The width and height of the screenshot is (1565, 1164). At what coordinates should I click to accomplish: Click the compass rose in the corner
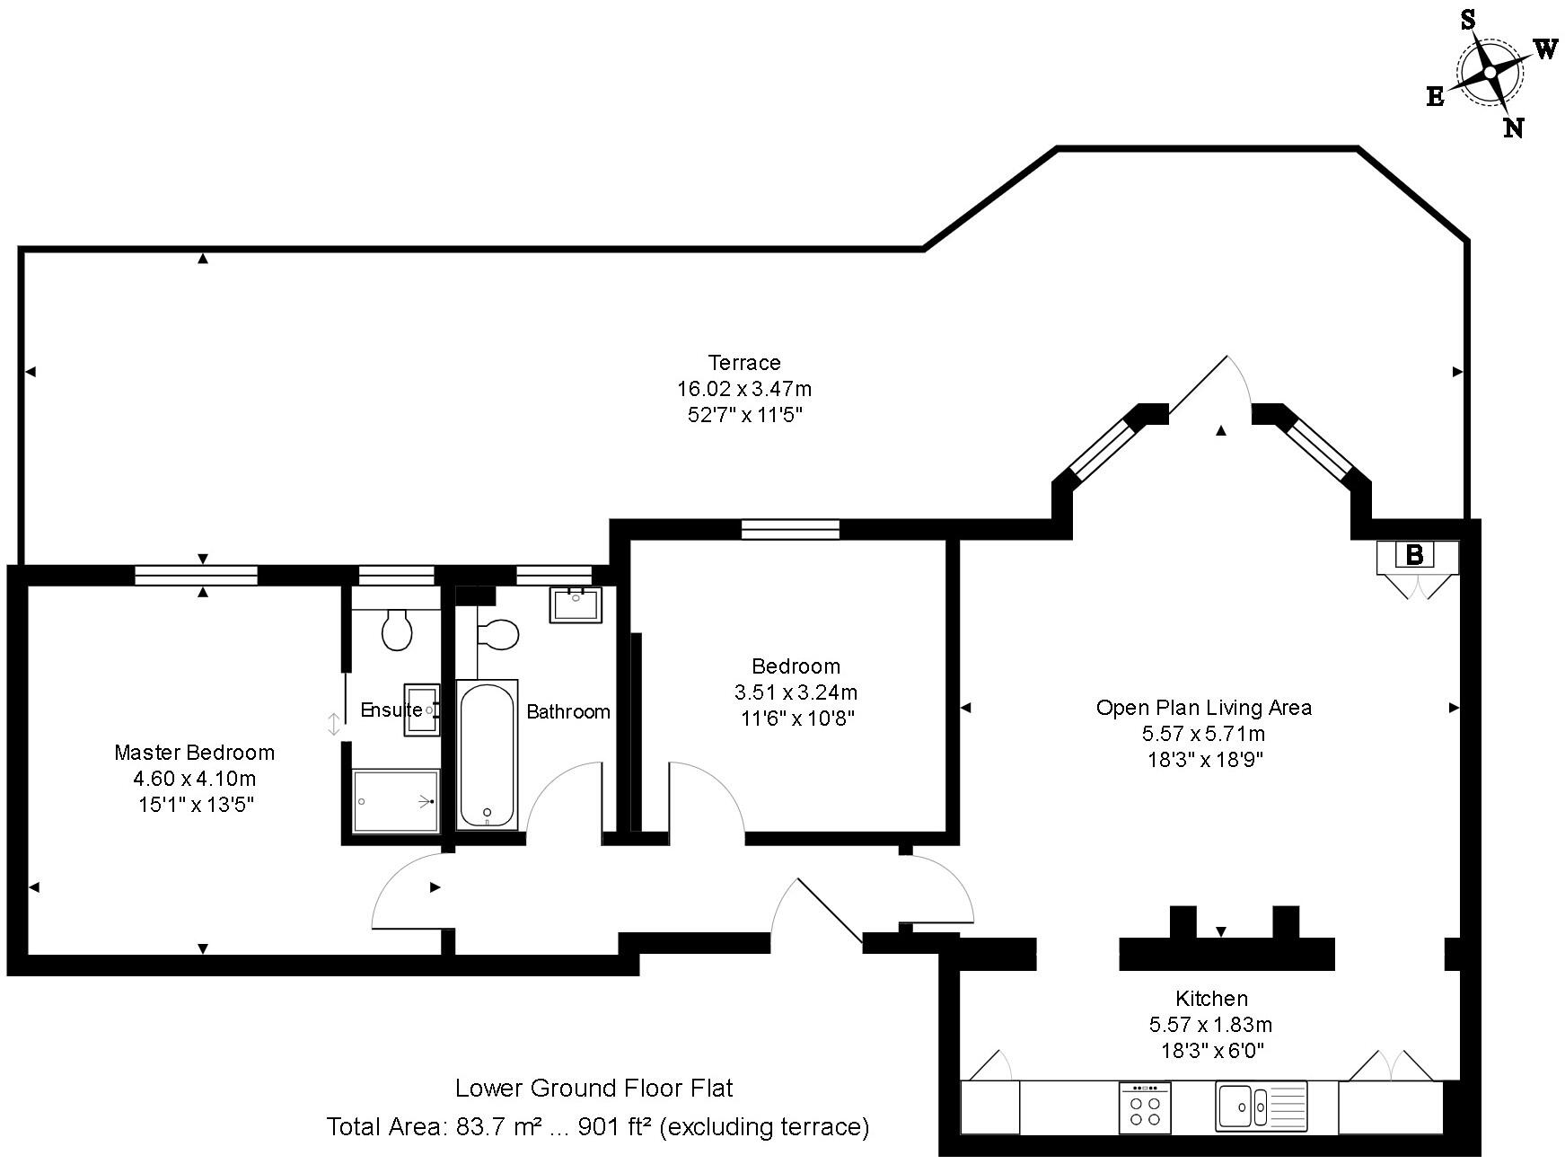pos(1489,72)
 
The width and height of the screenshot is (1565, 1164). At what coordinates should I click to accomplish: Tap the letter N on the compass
pos(1514,128)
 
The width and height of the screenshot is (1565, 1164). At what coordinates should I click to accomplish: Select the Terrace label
pos(744,363)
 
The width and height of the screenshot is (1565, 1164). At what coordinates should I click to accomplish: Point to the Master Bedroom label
pos(194,753)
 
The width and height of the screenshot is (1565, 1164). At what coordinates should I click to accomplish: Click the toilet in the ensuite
pos(396,629)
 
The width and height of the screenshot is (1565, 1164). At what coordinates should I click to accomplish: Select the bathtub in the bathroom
pos(488,754)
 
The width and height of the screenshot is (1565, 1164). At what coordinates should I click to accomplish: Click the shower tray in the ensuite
pos(396,800)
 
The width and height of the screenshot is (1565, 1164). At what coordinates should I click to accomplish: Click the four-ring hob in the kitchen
pos(1145,1107)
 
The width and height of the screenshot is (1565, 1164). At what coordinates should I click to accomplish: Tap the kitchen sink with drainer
pos(1262,1106)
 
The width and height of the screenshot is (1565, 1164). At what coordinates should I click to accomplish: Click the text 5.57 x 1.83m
pos(1210,1025)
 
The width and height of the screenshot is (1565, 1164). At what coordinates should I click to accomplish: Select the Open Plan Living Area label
pos(1204,708)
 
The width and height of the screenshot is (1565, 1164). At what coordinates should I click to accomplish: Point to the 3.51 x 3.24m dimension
pos(796,692)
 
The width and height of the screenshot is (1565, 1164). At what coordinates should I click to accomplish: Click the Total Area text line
pos(598,1126)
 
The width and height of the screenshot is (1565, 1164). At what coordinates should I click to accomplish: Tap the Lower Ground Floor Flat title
pos(594,1089)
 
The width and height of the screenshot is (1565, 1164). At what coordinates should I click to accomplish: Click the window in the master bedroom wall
pos(196,576)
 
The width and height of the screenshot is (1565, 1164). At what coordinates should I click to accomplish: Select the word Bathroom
pos(568,712)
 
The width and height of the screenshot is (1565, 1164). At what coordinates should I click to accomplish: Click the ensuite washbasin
pos(422,710)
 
